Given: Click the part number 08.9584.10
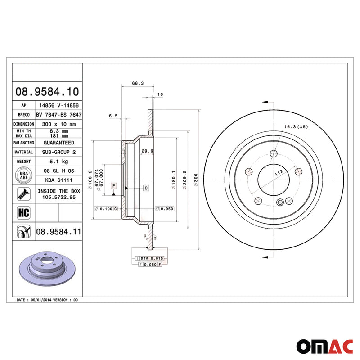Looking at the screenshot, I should click(47, 92).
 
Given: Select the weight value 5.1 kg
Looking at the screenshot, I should click(58, 161).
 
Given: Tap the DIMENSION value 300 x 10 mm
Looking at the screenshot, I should click(58, 123).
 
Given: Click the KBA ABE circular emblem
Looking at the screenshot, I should click(23, 175).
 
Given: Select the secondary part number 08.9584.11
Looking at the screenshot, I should click(58, 232).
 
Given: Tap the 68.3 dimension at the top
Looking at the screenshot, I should click(138, 83).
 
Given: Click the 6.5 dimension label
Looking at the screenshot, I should click(113, 116).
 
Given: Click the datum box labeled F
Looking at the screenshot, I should click(114, 186).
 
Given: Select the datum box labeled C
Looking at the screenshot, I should click(147, 187).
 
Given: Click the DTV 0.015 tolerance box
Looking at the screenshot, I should click(150, 258).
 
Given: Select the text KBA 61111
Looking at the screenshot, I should click(58, 180).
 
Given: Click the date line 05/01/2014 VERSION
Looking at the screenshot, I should click(47, 299).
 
